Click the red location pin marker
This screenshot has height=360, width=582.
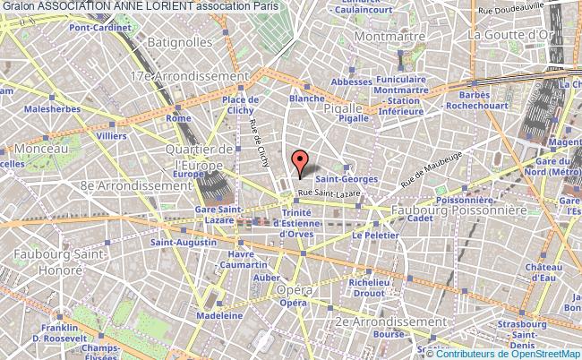301,161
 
